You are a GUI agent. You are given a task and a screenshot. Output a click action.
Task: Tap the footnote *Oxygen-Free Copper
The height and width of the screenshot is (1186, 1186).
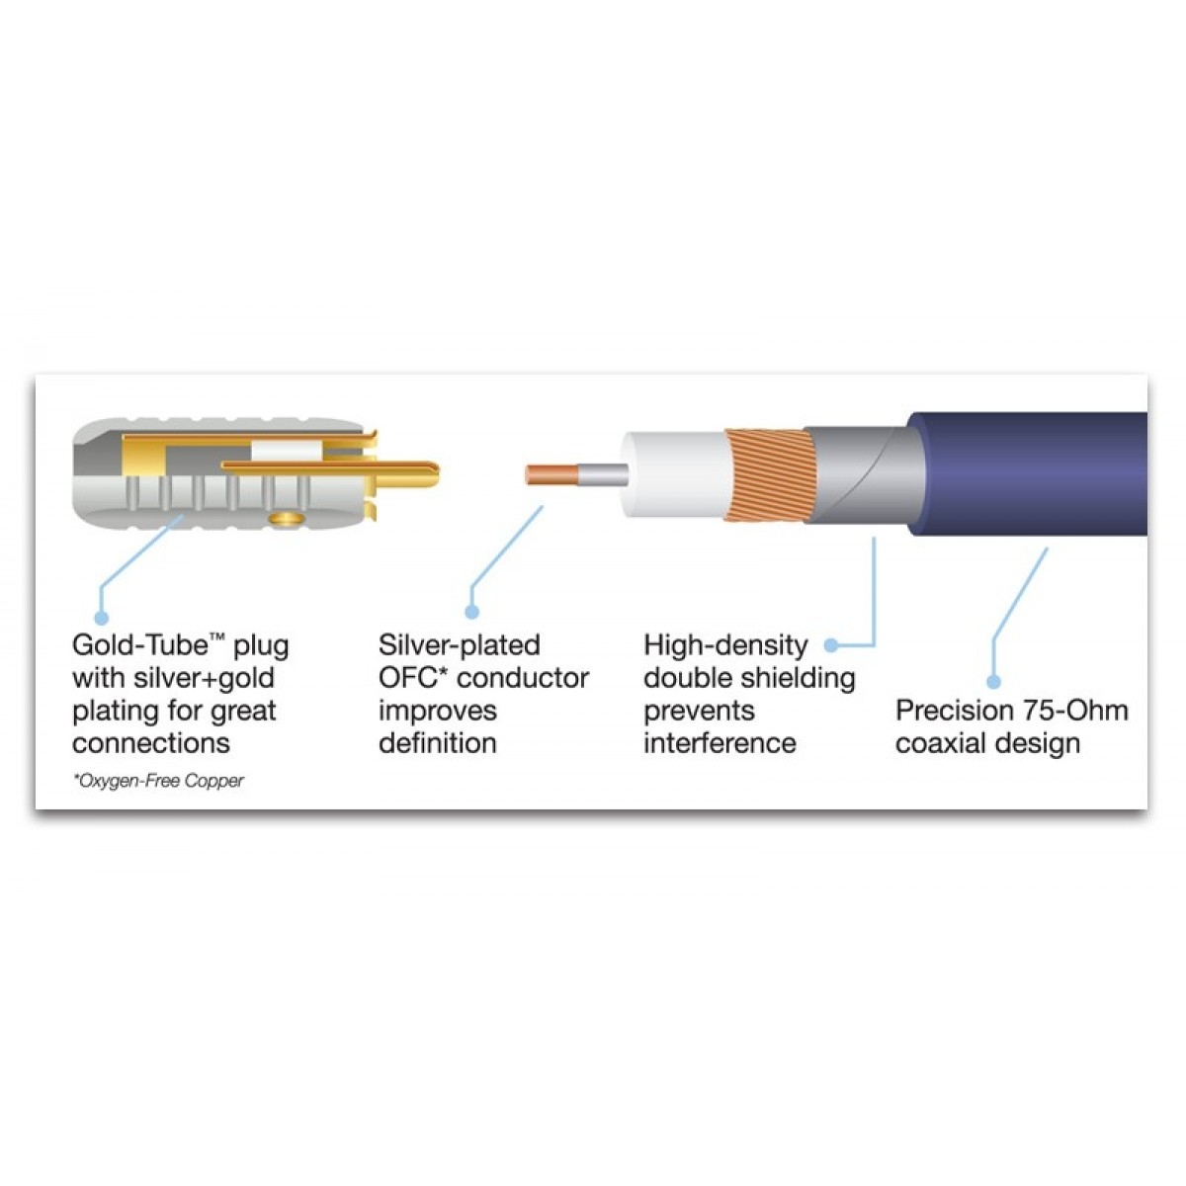[x=158, y=781]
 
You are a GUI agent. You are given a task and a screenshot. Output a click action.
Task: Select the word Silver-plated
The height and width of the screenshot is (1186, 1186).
[x=459, y=646]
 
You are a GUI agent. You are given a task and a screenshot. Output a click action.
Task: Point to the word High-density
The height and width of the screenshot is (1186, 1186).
[x=725, y=646]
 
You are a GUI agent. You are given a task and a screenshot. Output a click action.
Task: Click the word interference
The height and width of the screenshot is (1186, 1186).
[x=720, y=743]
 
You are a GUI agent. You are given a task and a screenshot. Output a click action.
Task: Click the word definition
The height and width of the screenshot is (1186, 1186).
[x=437, y=743]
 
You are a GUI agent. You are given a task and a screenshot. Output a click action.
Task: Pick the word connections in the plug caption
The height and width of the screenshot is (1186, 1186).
[x=151, y=743]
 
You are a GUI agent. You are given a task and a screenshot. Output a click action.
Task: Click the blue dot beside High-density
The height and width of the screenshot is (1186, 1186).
[x=831, y=645]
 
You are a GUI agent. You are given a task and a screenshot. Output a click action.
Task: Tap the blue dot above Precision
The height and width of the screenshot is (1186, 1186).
[x=994, y=681]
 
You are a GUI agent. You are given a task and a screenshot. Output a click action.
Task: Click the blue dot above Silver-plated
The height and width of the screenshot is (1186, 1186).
[x=472, y=613]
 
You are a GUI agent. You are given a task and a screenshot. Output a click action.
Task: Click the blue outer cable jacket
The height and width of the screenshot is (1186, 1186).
[x=1038, y=474]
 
